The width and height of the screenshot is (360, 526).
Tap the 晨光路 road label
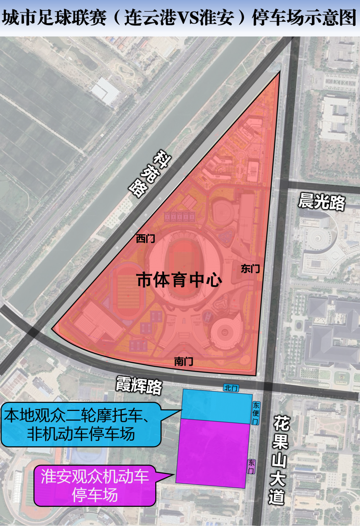tap(322, 202)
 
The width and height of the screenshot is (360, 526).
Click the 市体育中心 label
tap(179, 280)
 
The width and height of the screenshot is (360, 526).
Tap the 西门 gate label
tap(145, 239)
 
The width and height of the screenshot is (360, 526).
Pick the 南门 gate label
tap(184, 362)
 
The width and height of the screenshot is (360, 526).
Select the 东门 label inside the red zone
tap(250, 269)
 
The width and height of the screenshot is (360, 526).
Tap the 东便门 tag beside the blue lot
tap(256, 412)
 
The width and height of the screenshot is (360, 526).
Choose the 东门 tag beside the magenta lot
tap(252, 467)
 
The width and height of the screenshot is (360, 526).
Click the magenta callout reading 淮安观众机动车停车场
tap(95, 485)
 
